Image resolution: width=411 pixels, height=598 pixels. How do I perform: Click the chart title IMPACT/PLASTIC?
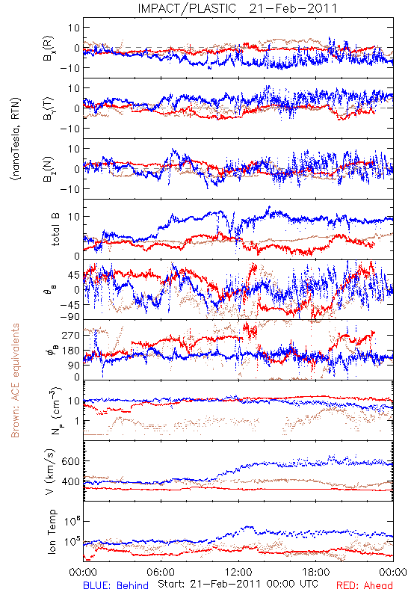pos(187,8)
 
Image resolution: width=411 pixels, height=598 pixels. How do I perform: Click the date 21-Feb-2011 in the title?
pos(293,8)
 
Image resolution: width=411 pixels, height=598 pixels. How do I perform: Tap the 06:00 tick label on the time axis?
pos(161,572)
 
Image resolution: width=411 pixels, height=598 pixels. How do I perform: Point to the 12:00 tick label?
pos(238,572)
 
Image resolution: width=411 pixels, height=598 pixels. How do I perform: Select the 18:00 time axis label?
pos(316,572)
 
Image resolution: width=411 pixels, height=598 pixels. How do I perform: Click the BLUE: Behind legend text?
pos(116,585)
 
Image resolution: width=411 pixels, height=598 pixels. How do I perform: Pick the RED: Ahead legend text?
pos(364,585)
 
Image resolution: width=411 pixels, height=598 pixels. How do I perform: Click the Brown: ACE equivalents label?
pos(15,380)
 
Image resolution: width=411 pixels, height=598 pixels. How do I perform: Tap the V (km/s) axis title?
pos(50,472)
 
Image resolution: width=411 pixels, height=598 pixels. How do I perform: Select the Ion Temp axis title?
pos(52,531)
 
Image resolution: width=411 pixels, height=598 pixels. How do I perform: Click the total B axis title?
pos(55,229)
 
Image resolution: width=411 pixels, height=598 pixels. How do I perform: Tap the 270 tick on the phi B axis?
pos(70,335)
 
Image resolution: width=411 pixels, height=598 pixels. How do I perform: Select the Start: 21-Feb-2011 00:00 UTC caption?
pos(238,584)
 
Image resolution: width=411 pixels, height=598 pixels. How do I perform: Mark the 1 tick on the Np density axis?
pos(78,421)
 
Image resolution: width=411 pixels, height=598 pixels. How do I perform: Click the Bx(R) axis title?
pos(49,49)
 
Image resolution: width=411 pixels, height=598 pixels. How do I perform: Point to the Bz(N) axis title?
pos(49,169)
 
